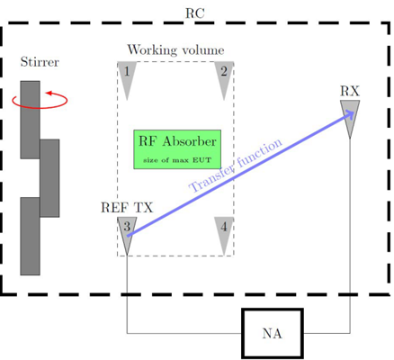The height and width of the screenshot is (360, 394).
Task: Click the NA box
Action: coord(273,333)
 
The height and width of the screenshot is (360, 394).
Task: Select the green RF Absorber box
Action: coord(177,149)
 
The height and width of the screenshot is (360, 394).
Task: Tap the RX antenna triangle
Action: coord(350,119)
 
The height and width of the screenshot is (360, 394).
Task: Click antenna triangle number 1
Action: coord(127,79)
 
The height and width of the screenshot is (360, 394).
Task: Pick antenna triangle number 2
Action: coord(224,79)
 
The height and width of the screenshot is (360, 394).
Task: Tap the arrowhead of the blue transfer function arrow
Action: coord(350,114)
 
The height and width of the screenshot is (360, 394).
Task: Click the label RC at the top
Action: coord(195,13)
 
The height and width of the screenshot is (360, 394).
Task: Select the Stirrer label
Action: coord(40,62)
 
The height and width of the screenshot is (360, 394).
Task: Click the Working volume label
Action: coord(175,49)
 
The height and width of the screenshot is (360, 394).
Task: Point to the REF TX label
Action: coord(127,208)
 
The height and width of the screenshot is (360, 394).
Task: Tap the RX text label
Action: coord(350,91)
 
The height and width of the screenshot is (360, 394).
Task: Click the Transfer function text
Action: coord(236,165)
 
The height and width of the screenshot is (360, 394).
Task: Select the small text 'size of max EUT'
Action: coord(177,160)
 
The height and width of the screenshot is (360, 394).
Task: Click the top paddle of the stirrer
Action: coord(30,120)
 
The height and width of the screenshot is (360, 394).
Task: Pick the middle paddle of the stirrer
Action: coord(49,178)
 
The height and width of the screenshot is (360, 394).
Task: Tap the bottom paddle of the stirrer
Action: coord(30,236)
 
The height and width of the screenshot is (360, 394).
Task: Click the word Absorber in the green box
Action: coord(189,141)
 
